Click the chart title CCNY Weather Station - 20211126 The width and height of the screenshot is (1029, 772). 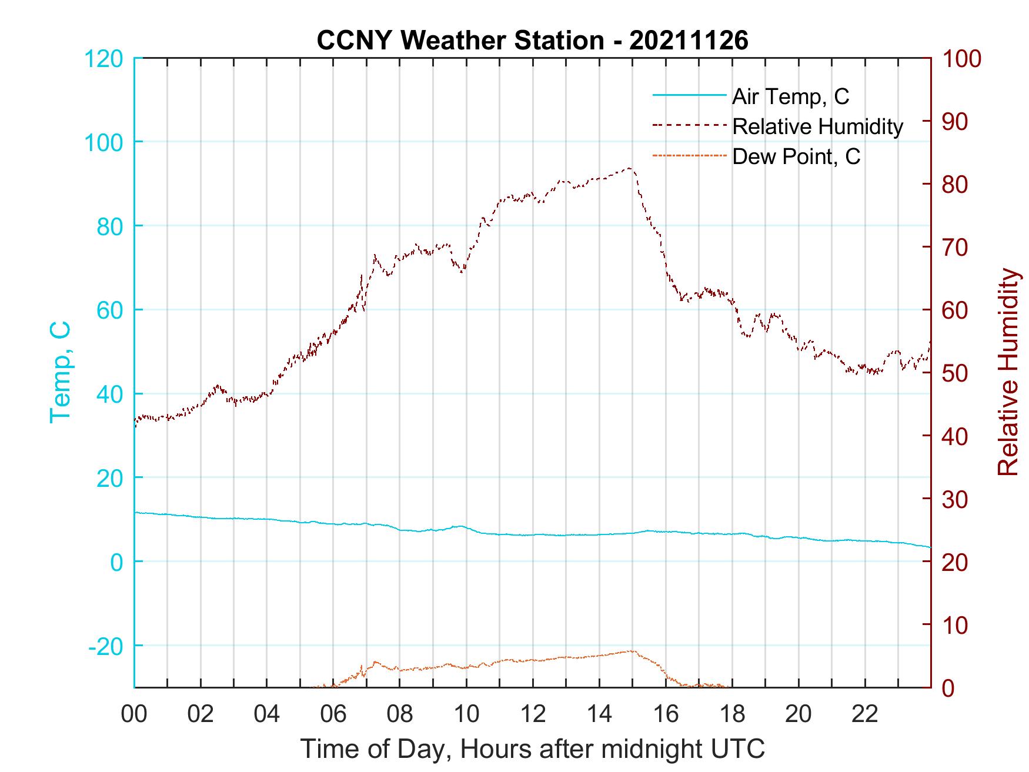click(532, 40)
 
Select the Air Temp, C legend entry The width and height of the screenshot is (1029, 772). click(790, 96)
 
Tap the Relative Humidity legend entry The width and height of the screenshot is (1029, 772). click(817, 126)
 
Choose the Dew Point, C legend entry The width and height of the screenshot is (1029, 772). click(796, 157)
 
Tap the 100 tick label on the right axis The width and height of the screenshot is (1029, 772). click(962, 59)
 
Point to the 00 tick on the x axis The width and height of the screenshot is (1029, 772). click(134, 714)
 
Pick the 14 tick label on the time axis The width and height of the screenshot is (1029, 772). click(599, 714)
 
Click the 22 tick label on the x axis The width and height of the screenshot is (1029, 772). click(865, 714)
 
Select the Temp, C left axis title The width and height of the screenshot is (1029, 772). click(60, 372)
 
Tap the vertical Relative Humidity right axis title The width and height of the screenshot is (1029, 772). click(1008, 372)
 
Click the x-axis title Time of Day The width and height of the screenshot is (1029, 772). click(532, 749)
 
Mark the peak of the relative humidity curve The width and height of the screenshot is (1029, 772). click(630, 168)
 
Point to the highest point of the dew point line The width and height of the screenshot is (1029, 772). click(630, 651)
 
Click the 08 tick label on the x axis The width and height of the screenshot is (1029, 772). click(400, 714)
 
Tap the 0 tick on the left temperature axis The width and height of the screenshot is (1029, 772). click(117, 562)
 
